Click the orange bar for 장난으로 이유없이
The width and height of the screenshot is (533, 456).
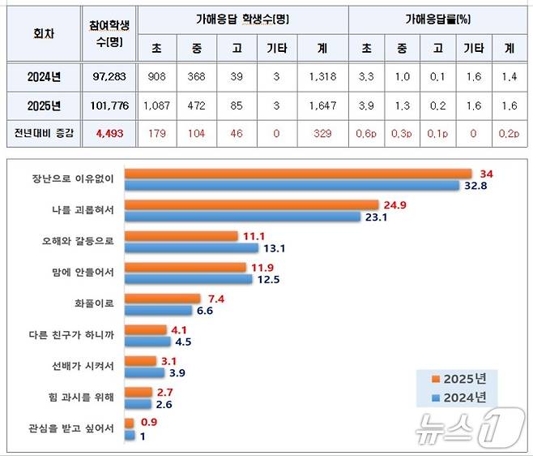click(x=298, y=173)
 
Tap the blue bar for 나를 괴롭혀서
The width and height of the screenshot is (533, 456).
click(x=242, y=217)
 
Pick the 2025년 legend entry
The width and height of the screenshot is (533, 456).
click(x=460, y=379)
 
